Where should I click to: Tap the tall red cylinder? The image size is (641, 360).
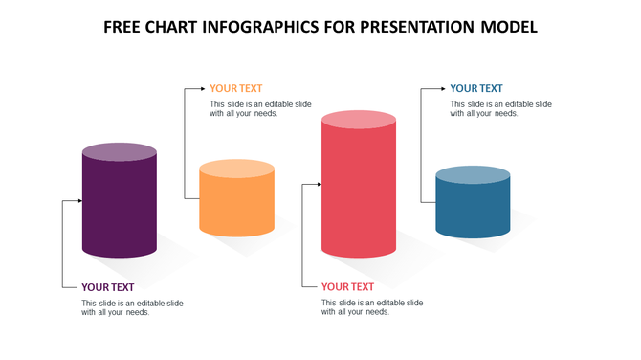(358, 191)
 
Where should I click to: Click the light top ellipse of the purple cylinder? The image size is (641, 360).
(120, 151)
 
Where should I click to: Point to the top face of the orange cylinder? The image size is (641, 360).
(236, 169)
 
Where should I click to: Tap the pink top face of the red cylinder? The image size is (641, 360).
(358, 119)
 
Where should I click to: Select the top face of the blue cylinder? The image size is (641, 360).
(473, 174)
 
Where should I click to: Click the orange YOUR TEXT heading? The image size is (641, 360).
(236, 88)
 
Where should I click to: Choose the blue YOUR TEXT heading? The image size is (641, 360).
(476, 88)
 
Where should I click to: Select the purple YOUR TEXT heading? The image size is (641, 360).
(108, 286)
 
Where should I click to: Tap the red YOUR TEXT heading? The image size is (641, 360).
(347, 286)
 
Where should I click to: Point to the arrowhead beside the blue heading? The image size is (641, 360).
(441, 88)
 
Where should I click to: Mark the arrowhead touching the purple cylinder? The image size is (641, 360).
(78, 201)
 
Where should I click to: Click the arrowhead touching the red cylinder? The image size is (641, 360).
(317, 183)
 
